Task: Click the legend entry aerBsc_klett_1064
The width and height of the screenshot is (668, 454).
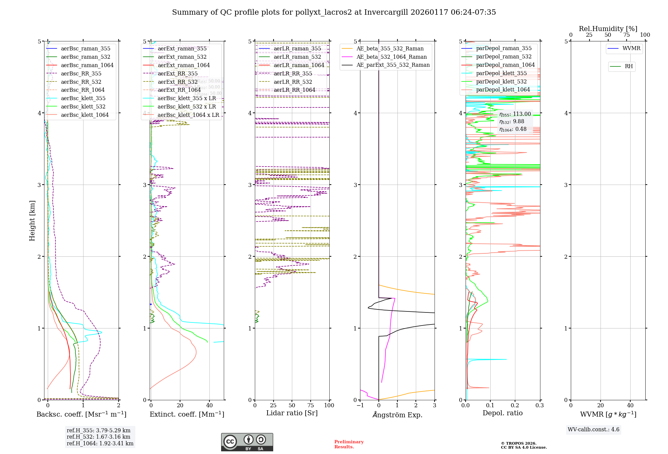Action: coord(85,115)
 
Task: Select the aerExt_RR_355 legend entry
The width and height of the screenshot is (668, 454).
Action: coord(177,73)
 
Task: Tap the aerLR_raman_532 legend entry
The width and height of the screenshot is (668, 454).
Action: coord(297,57)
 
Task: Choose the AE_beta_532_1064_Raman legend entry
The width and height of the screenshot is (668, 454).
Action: coord(391,57)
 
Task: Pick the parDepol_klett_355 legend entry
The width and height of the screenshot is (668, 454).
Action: coord(501,73)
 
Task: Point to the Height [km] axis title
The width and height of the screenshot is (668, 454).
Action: coord(32,220)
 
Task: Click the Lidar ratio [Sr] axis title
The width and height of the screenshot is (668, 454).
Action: coord(292,413)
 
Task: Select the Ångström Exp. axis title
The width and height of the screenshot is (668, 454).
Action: coord(397,415)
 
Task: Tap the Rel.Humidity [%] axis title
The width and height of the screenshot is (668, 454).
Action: coord(608,29)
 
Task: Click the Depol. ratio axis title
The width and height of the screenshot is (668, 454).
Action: coord(502,413)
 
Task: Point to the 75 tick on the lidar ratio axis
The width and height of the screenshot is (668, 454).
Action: coord(311,405)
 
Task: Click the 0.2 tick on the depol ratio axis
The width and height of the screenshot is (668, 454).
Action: coord(515,405)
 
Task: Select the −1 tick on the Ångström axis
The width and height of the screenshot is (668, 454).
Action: coord(360,405)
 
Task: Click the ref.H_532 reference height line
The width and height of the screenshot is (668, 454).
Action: coord(98,437)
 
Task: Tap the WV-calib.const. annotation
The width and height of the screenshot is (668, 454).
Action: coord(593,429)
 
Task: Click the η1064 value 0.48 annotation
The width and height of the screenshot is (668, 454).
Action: coord(513,129)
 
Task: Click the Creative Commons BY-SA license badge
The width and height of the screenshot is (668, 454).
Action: coord(247,442)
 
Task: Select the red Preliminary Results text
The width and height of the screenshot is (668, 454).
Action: coord(349,444)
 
